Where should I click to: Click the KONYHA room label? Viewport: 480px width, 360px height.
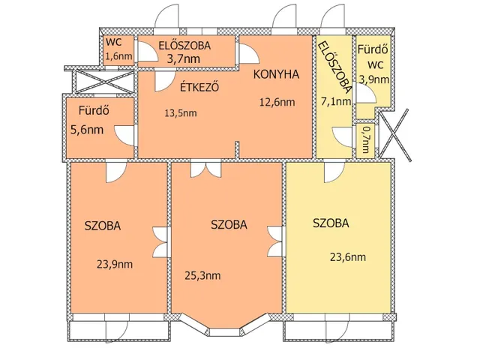[x=276, y=74]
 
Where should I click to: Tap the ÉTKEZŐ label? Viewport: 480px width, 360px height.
[x=199, y=87]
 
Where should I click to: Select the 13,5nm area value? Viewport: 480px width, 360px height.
[x=181, y=113]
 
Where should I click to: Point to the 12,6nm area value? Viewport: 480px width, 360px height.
[x=277, y=102]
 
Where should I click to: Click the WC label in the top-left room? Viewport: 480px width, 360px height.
[x=113, y=42]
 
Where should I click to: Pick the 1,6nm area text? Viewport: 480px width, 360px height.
[x=118, y=56]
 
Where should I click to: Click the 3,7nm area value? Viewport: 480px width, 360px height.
[x=183, y=58]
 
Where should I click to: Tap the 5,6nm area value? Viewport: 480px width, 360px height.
[x=87, y=130]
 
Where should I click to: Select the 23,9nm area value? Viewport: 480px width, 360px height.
[x=115, y=264]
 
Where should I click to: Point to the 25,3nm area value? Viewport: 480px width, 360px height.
[x=202, y=275]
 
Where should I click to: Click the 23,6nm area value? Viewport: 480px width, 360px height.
[x=348, y=256]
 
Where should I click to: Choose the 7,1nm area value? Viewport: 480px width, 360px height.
[x=335, y=101]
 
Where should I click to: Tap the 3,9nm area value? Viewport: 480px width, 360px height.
[x=374, y=79]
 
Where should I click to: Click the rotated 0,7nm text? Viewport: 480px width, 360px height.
[x=365, y=140]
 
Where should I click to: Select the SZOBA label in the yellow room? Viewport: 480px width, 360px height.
[x=331, y=223]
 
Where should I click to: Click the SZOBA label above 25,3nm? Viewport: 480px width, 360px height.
[x=229, y=225]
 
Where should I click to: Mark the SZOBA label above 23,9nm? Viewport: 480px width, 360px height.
[x=103, y=226]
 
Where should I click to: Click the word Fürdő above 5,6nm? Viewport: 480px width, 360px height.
[x=94, y=110]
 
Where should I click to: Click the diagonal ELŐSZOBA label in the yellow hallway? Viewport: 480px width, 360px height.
[x=334, y=67]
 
